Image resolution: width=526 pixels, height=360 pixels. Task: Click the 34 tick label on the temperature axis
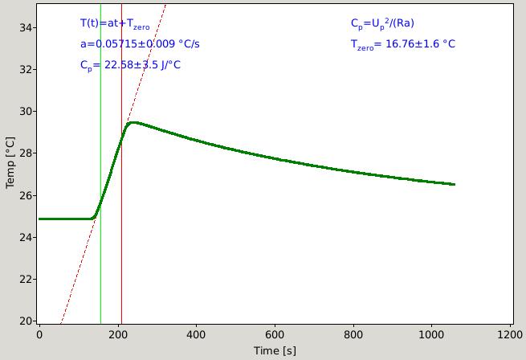click(x=26, y=27)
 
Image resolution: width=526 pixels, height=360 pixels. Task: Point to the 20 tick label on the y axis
click(x=26, y=321)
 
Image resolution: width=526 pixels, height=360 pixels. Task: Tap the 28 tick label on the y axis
click(x=26, y=153)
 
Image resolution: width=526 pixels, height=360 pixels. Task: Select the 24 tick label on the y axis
click(x=26, y=237)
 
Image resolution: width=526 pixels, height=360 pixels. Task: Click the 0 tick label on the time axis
click(x=39, y=335)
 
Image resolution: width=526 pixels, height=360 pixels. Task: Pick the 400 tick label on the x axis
click(x=196, y=335)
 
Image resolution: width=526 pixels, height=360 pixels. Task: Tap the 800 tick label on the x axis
click(x=353, y=335)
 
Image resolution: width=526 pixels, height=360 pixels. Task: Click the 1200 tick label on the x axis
click(x=510, y=335)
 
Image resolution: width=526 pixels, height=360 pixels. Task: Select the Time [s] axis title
click(x=275, y=351)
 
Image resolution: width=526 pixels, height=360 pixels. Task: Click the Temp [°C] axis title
click(x=10, y=162)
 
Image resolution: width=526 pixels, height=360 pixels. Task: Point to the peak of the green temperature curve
click(x=133, y=123)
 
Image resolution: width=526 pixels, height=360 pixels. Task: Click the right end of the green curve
click(x=455, y=184)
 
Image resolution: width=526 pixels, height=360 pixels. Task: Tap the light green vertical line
click(x=100, y=164)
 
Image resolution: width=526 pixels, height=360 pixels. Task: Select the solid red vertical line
click(x=121, y=164)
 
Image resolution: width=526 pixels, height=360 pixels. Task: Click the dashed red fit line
click(x=113, y=164)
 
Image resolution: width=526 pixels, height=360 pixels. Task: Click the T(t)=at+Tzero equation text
click(x=115, y=24)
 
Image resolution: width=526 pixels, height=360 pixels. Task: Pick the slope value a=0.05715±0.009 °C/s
click(x=140, y=44)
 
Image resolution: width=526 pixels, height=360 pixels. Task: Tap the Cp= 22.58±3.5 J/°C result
click(x=130, y=65)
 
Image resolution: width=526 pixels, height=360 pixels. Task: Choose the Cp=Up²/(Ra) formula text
click(x=382, y=23)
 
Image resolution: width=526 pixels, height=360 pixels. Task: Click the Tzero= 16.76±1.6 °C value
click(x=403, y=44)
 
